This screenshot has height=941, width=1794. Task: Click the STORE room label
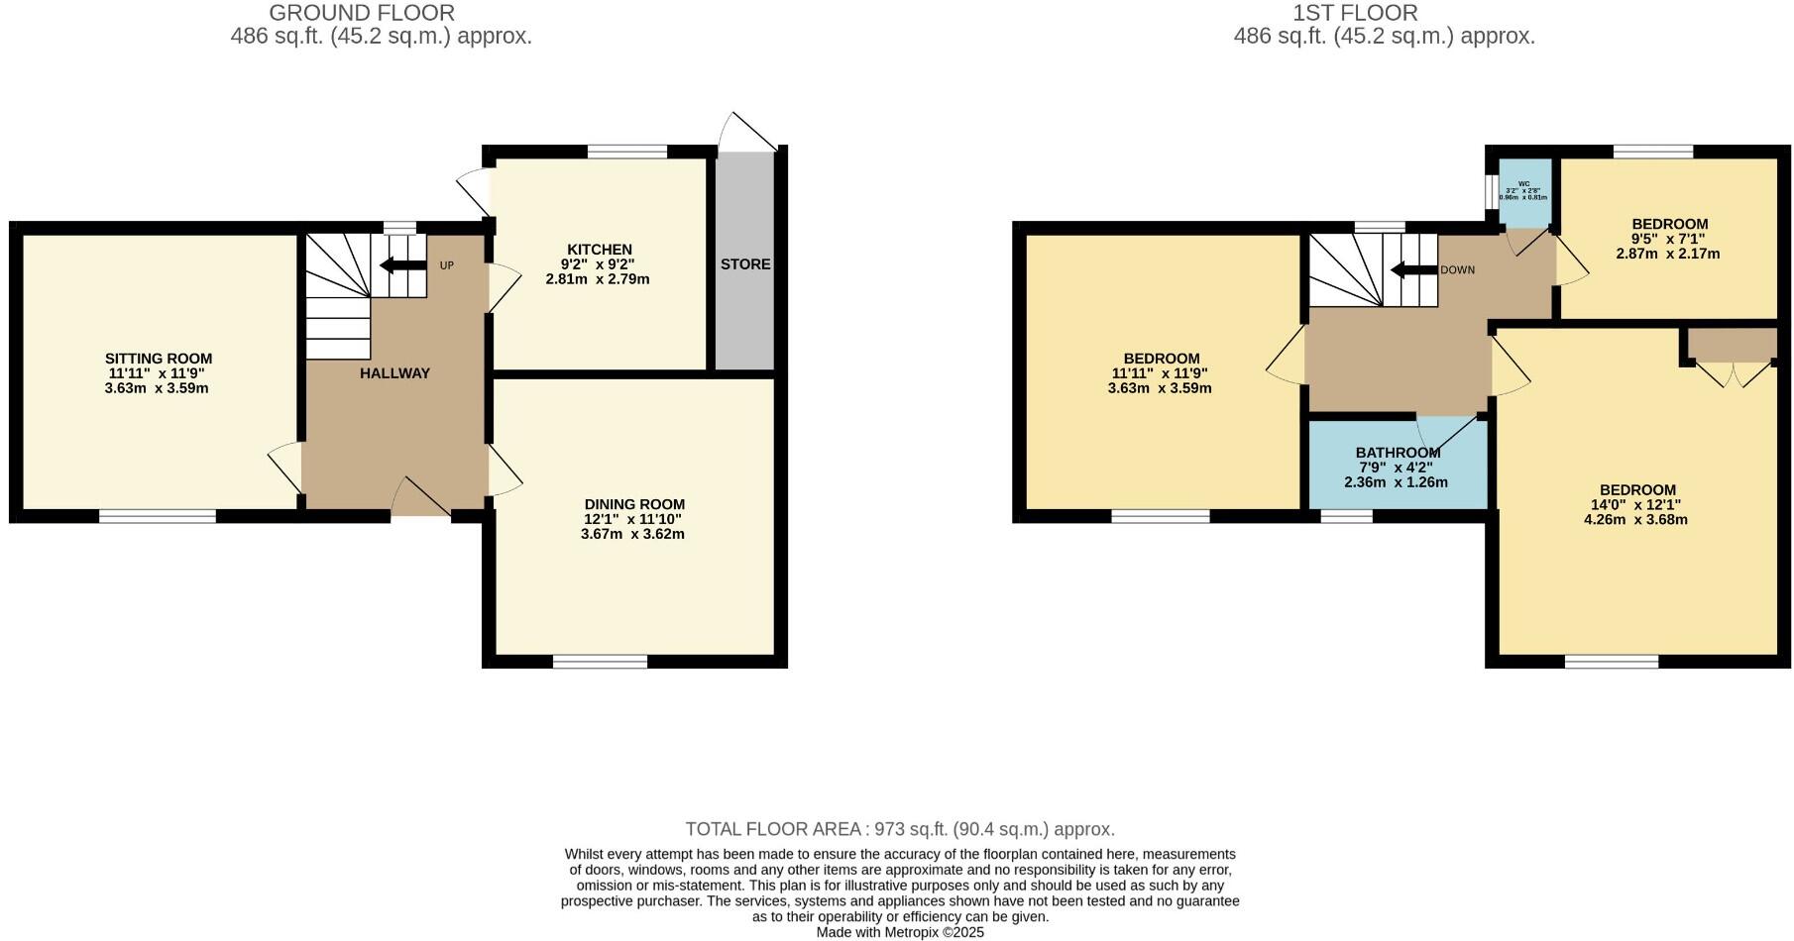[x=745, y=264]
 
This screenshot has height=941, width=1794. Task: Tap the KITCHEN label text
[x=599, y=250]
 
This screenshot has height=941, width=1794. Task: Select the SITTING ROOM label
[x=159, y=359]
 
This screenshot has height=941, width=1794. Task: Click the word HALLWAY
[x=394, y=373]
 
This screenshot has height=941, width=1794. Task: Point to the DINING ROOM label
[x=634, y=504]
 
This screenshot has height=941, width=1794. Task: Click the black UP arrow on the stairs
[x=401, y=265]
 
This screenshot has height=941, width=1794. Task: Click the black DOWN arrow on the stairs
[x=1413, y=270]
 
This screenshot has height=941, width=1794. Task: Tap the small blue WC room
[x=1524, y=193]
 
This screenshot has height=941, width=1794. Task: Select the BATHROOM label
[x=1398, y=453]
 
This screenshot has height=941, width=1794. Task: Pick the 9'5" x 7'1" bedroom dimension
[x=1670, y=239]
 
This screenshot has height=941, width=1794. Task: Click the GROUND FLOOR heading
[x=362, y=13]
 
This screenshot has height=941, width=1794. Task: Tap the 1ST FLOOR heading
[x=1355, y=13]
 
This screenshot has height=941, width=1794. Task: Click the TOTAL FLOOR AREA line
[x=900, y=829]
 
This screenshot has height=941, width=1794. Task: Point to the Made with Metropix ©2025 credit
[x=900, y=932]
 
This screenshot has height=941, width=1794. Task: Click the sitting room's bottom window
[x=158, y=516]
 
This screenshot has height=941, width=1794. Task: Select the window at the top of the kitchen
[x=627, y=152]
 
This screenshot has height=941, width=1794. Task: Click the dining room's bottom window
[x=600, y=662]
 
